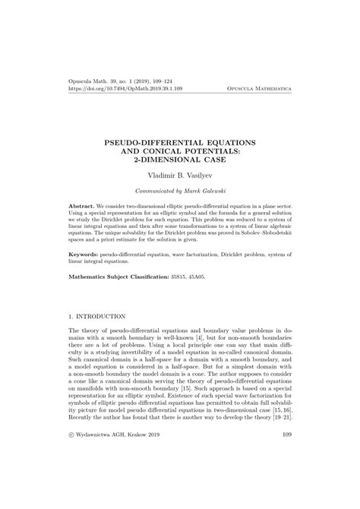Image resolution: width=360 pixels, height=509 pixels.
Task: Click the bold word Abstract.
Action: coord(82,206)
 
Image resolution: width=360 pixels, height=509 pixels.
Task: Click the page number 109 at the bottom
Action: coord(286,456)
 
